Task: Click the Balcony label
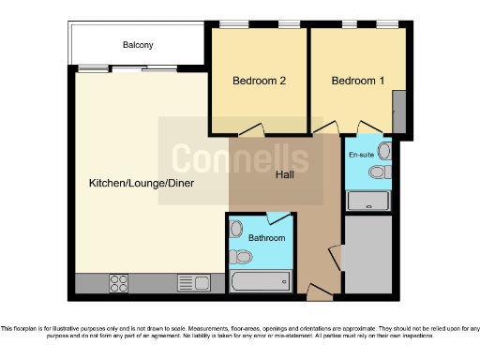(137, 45)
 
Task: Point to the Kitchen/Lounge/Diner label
(142, 183)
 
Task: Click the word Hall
(286, 174)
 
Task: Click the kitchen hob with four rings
(120, 282)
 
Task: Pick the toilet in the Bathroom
(241, 256)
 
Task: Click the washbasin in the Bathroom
(236, 229)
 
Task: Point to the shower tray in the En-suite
(368, 200)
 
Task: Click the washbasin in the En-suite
(384, 151)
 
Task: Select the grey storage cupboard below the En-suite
(368, 253)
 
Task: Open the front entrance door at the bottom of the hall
(319, 293)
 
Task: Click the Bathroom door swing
(278, 219)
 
